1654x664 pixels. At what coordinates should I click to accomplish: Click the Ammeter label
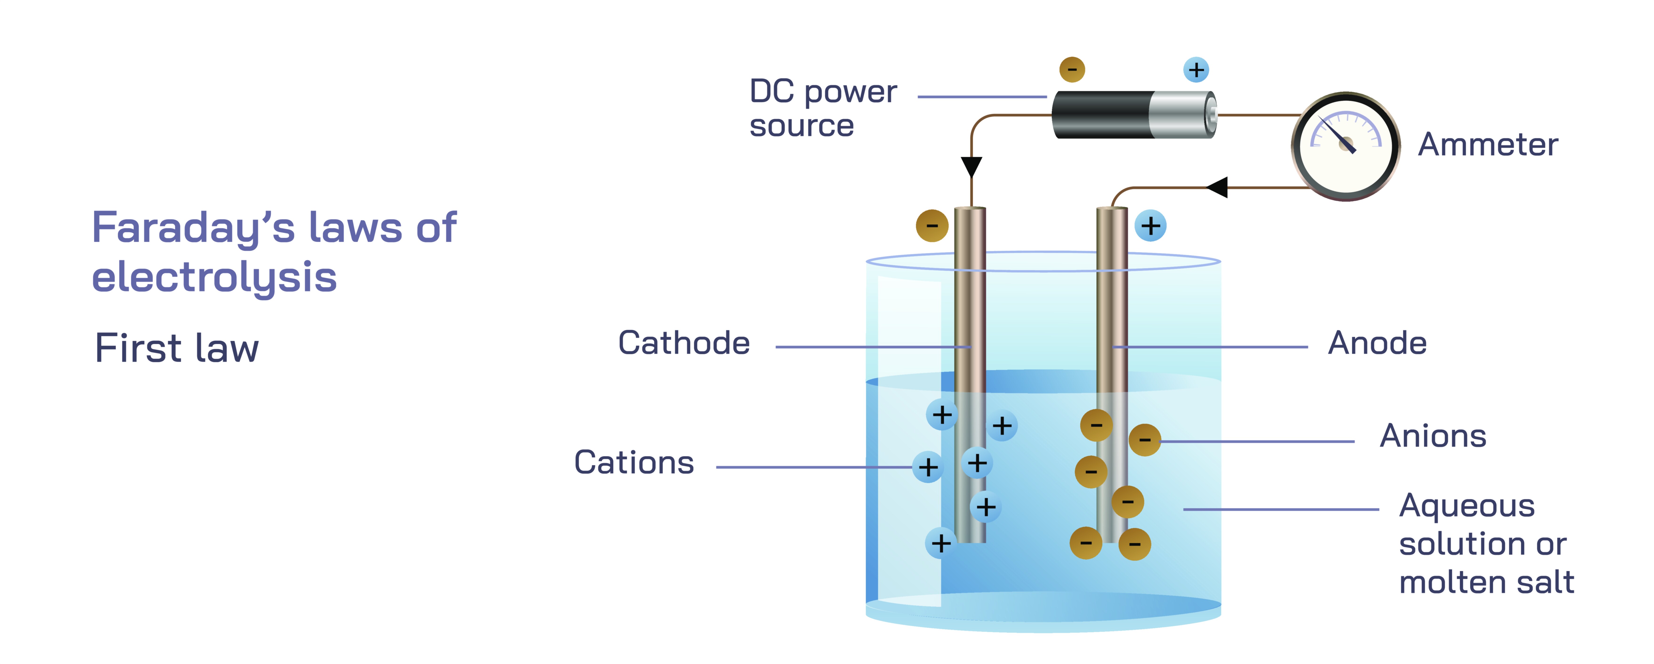point(1487,144)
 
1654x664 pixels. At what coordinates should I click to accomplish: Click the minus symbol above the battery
point(1072,69)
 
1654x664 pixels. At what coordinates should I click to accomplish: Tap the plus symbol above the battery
point(1196,69)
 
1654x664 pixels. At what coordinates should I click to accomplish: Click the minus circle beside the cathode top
point(932,225)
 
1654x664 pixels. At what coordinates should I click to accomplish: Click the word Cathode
point(684,343)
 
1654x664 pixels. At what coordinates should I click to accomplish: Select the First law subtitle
point(177,349)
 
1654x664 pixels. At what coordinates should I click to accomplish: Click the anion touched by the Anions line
point(1144,440)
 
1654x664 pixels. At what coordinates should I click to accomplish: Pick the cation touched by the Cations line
point(928,467)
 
